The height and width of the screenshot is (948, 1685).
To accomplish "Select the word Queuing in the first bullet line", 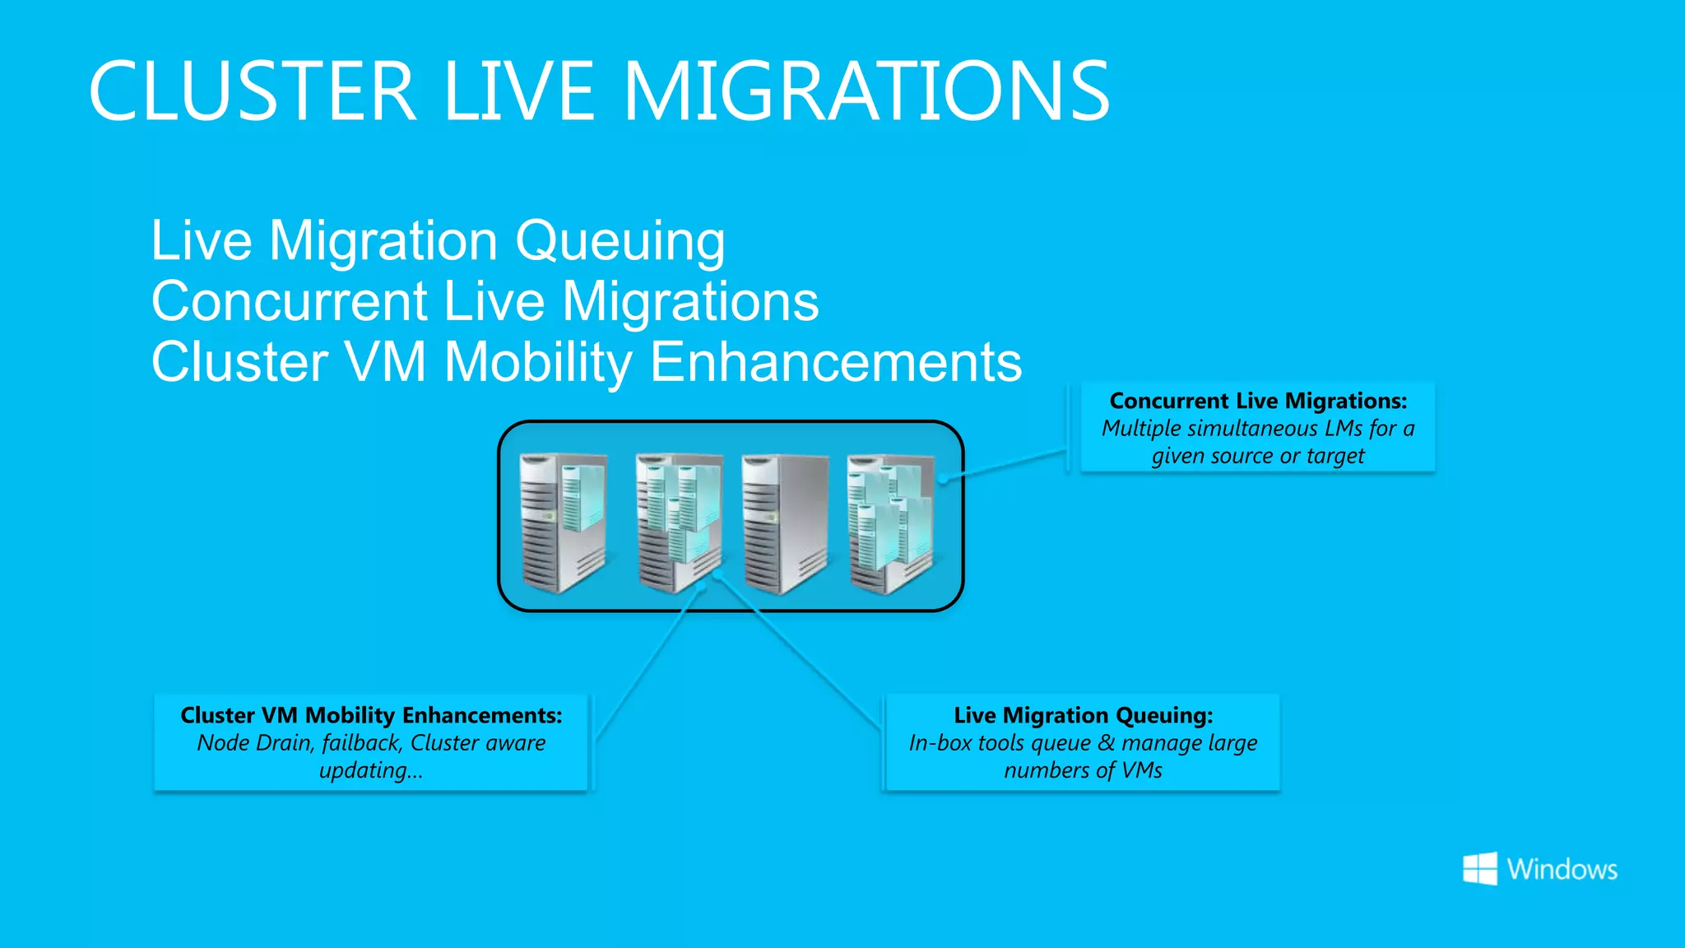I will point(620,242).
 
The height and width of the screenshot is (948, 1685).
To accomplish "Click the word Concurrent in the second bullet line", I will point(290,301).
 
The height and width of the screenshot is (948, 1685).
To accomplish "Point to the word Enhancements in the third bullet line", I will point(836,362).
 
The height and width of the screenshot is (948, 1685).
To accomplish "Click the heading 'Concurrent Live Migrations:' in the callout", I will point(1258,401).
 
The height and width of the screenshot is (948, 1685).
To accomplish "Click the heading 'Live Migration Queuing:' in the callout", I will point(1083,715).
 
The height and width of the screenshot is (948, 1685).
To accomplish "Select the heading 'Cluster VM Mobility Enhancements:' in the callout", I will point(371,715).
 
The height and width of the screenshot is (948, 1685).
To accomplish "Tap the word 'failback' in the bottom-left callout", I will point(360,743).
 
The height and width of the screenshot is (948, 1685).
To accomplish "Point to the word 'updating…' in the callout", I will point(371,771).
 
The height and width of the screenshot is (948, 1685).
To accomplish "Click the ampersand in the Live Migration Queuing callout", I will point(1106,743).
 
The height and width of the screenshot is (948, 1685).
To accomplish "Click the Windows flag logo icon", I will point(1479,869).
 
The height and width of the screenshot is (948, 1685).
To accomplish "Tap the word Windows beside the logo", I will point(1562,870).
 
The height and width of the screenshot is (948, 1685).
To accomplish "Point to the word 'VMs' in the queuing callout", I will point(1141,771).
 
